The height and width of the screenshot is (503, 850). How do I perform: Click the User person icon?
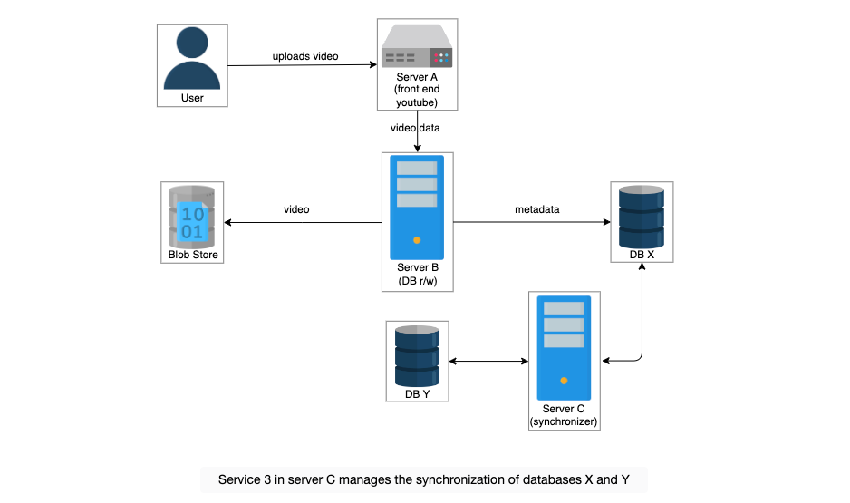point(192,58)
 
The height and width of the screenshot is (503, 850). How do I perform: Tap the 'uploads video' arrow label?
point(305,56)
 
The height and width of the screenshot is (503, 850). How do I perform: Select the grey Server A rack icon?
point(417,46)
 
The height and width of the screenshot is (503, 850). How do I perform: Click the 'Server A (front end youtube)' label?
point(417,90)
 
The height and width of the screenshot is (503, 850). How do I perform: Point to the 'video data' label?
point(415,128)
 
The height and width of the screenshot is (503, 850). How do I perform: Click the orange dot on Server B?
point(417,240)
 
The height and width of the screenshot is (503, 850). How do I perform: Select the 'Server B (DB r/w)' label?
point(418,274)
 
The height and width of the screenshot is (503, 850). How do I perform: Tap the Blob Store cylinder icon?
point(192,218)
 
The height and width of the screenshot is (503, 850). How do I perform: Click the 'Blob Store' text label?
point(193,255)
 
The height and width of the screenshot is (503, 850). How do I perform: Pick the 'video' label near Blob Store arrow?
point(296,209)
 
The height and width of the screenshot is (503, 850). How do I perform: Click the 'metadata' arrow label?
point(537,209)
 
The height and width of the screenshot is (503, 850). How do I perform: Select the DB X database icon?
point(642,217)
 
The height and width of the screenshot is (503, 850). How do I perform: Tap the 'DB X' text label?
point(642,255)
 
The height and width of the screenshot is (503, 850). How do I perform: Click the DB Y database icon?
point(417,356)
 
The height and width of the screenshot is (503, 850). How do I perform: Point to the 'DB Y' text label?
point(418,394)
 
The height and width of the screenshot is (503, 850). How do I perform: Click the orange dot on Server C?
point(564,381)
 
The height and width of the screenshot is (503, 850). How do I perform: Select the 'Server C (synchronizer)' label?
point(564,415)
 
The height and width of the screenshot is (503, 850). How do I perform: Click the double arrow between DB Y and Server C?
point(488,361)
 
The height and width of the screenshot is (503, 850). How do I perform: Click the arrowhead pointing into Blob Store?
point(227,222)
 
